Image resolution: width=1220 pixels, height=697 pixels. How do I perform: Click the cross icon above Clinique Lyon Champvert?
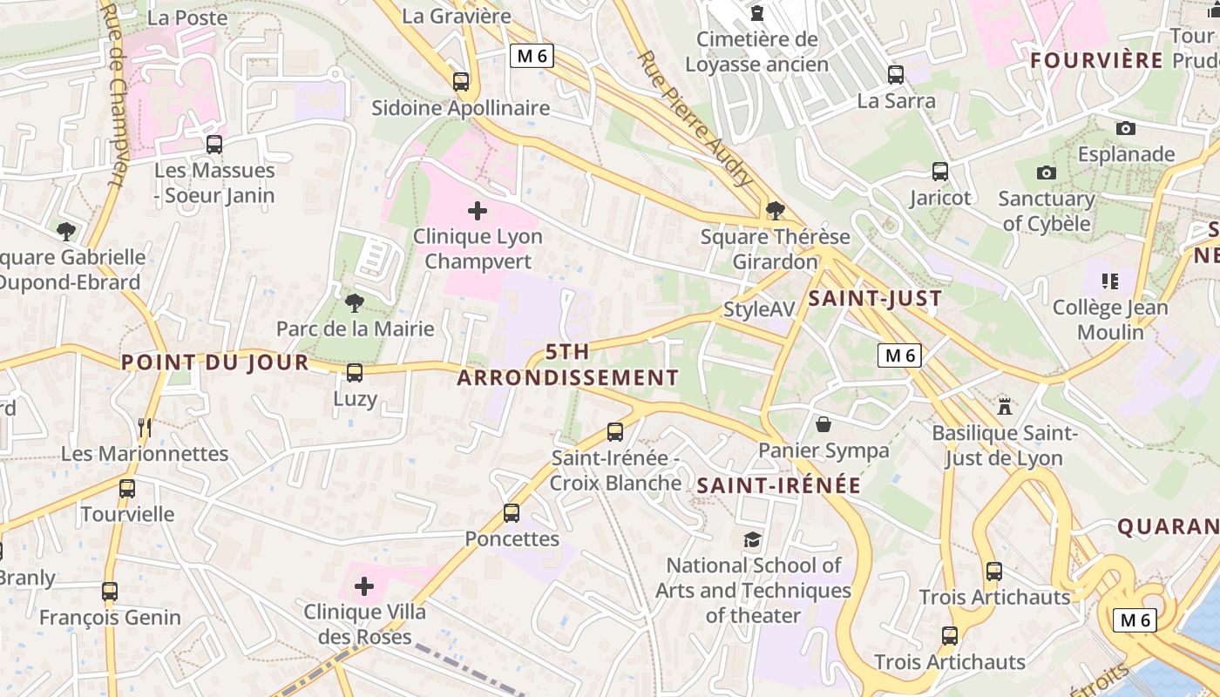(478, 210)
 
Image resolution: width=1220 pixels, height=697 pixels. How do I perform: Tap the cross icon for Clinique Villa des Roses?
(364, 586)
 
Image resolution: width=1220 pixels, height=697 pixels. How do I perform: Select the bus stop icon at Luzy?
(355, 373)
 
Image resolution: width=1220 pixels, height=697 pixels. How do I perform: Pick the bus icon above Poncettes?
(512, 513)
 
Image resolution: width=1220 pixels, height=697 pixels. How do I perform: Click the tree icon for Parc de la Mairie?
(354, 302)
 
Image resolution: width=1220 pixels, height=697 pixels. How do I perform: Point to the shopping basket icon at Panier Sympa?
(823, 424)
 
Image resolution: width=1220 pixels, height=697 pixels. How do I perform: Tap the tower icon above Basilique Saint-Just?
(1005, 406)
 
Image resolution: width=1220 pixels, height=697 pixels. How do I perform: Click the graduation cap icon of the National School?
(752, 540)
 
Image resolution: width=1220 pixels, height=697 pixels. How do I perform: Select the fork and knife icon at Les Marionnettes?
(145, 428)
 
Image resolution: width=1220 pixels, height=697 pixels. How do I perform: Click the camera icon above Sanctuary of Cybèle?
(1047, 173)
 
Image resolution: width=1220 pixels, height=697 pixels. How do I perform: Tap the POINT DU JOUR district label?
(215, 362)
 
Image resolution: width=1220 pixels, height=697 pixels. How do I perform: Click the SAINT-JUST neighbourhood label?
(875, 299)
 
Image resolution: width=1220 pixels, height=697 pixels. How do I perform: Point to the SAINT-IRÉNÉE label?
(779, 486)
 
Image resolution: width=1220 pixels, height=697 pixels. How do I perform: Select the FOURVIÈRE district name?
(1096, 60)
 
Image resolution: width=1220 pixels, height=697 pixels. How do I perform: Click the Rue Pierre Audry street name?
(695, 119)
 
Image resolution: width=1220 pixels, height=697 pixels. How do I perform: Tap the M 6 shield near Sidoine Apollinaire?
(532, 57)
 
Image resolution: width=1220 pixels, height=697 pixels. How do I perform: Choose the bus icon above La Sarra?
(895, 75)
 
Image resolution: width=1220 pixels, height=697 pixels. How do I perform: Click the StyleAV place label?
(759, 309)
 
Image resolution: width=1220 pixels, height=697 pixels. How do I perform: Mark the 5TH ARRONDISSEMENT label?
(567, 365)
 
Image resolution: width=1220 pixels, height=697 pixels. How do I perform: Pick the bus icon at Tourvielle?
(127, 489)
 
